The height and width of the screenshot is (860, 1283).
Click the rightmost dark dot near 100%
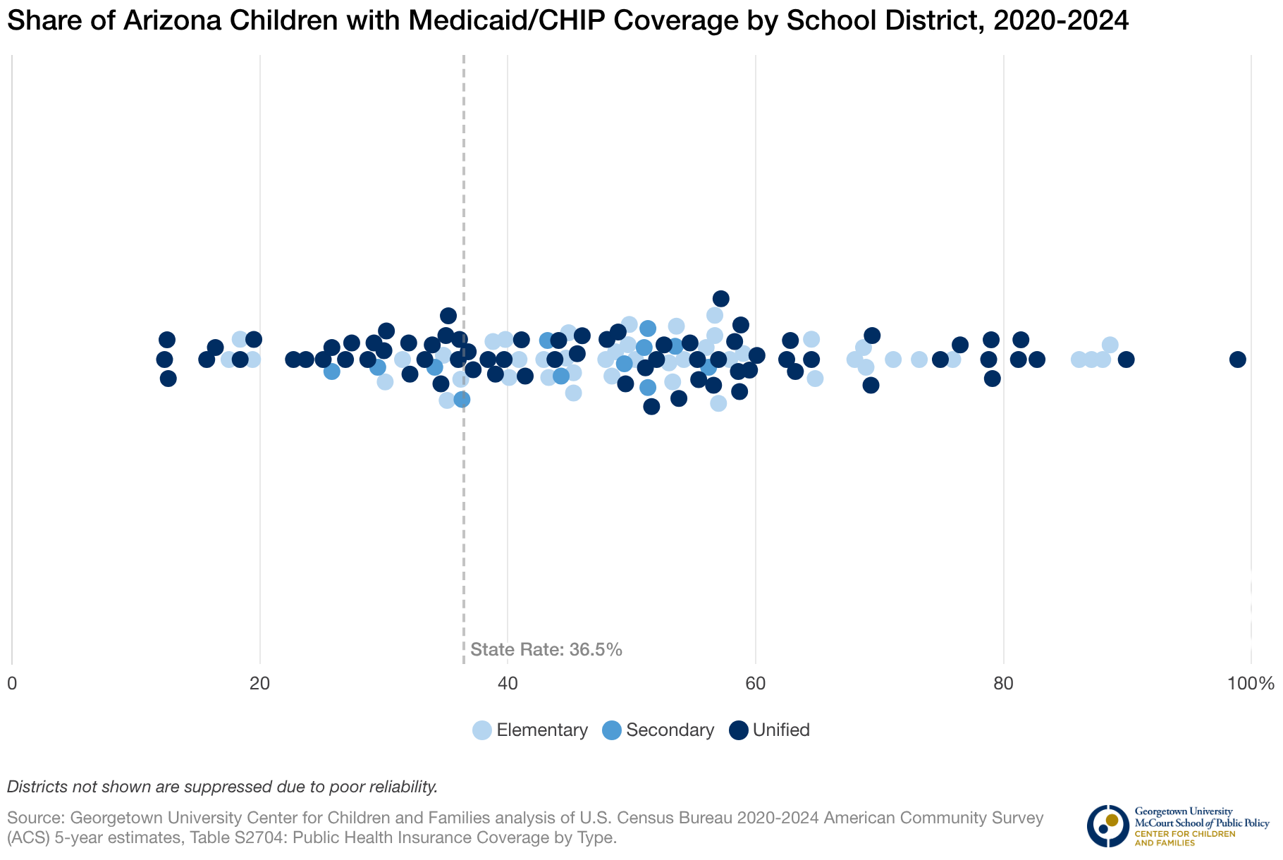coord(1237,360)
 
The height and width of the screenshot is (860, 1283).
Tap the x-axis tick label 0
coord(12,683)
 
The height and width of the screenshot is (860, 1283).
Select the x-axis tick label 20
coord(260,683)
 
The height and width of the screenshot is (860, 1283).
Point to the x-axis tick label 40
coord(508,683)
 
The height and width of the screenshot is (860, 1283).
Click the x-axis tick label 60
coord(756,683)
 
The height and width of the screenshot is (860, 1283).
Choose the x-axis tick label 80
coord(1003,683)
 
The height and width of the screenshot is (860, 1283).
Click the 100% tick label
coord(1251,683)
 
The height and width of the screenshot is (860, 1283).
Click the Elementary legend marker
coord(482,730)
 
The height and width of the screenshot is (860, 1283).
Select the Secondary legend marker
coord(612,730)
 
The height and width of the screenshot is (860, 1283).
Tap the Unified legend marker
coord(738,730)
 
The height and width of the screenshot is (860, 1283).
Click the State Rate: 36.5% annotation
coord(546,649)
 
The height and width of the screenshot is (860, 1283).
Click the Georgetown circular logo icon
coord(1107,825)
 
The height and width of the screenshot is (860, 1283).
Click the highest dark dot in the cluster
coord(720,299)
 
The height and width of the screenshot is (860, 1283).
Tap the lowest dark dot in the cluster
coord(651,407)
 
